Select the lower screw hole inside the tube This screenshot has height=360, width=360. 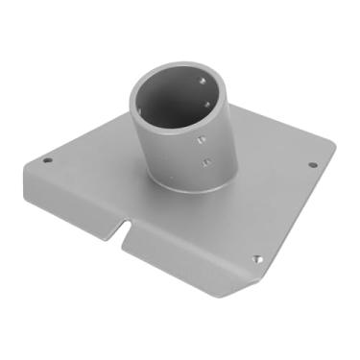click(x=207, y=107)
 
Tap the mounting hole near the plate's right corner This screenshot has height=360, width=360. click(x=312, y=164)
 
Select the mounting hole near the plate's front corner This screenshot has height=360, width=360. click(x=255, y=258)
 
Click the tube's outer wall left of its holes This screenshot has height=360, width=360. click(x=158, y=154)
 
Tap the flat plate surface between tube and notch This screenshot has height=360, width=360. click(x=154, y=211)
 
